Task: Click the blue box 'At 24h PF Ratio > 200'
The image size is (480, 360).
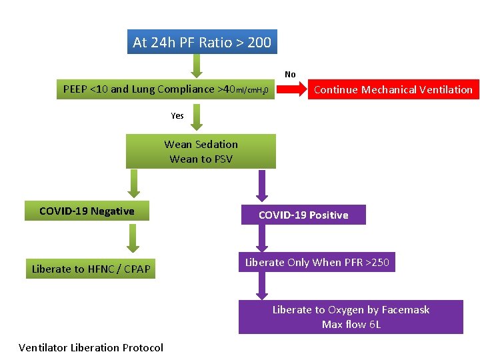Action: (201, 43)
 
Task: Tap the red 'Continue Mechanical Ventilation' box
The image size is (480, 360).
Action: (393, 89)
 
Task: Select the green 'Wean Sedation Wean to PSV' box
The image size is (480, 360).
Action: (201, 151)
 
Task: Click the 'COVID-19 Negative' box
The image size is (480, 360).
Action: (87, 211)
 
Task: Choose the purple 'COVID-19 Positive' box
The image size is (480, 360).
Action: (303, 215)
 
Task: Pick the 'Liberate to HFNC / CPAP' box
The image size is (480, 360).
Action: (91, 269)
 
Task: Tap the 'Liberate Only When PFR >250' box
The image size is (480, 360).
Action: (317, 262)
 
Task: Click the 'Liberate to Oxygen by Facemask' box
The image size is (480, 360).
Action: (351, 317)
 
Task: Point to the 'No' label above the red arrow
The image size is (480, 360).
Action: (290, 75)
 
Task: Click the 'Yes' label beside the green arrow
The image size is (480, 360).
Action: (177, 115)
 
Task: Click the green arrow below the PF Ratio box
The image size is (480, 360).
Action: (195, 65)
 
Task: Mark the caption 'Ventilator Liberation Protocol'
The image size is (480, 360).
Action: (91, 347)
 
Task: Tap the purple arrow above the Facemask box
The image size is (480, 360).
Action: (261, 287)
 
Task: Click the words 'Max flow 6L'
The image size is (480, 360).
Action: (351, 325)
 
